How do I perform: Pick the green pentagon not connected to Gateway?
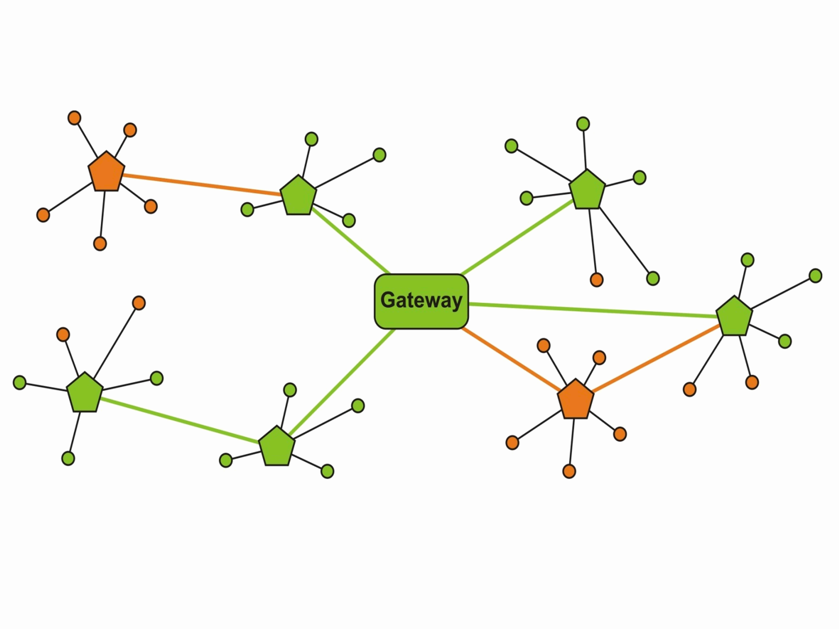(85, 393)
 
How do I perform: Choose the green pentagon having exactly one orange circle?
(587, 190)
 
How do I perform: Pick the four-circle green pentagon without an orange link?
(277, 447)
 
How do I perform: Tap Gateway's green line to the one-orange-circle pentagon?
(518, 237)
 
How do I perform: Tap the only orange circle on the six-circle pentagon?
(597, 280)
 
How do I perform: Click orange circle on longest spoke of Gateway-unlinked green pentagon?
(139, 303)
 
